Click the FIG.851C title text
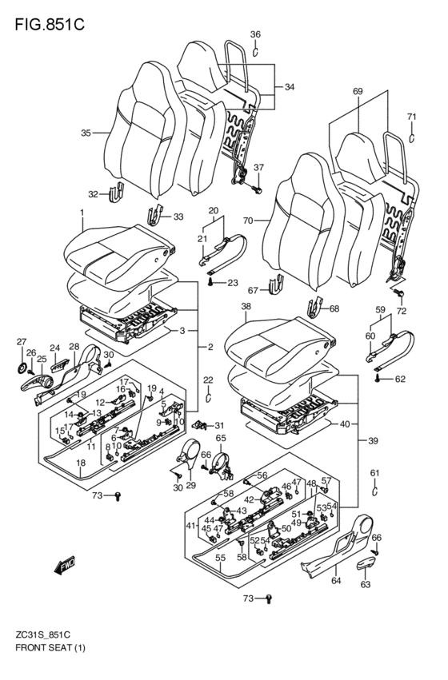(x=50, y=25)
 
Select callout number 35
(x=86, y=133)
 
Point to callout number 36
(x=255, y=34)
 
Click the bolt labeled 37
(x=257, y=189)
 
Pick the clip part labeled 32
(x=117, y=193)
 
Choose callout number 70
(x=247, y=221)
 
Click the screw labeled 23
(x=211, y=283)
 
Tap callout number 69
(x=358, y=91)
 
